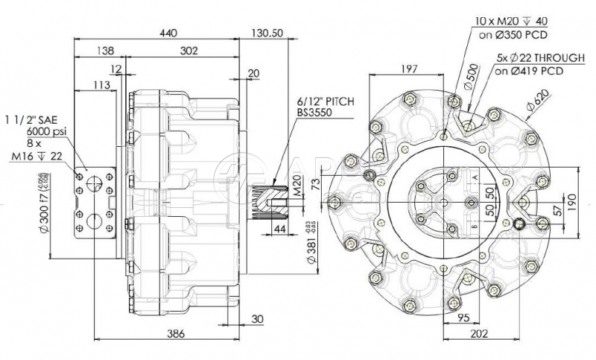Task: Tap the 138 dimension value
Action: [107, 51]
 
